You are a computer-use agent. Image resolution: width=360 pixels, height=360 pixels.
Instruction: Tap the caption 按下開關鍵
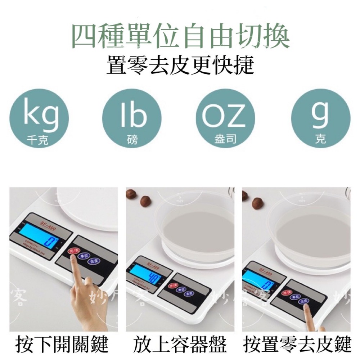pyautogui.click(x=62, y=345)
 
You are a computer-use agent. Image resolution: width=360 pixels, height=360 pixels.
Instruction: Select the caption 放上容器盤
pyautogui.click(x=180, y=345)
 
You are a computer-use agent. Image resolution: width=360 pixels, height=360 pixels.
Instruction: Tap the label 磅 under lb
pyautogui.click(x=132, y=140)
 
